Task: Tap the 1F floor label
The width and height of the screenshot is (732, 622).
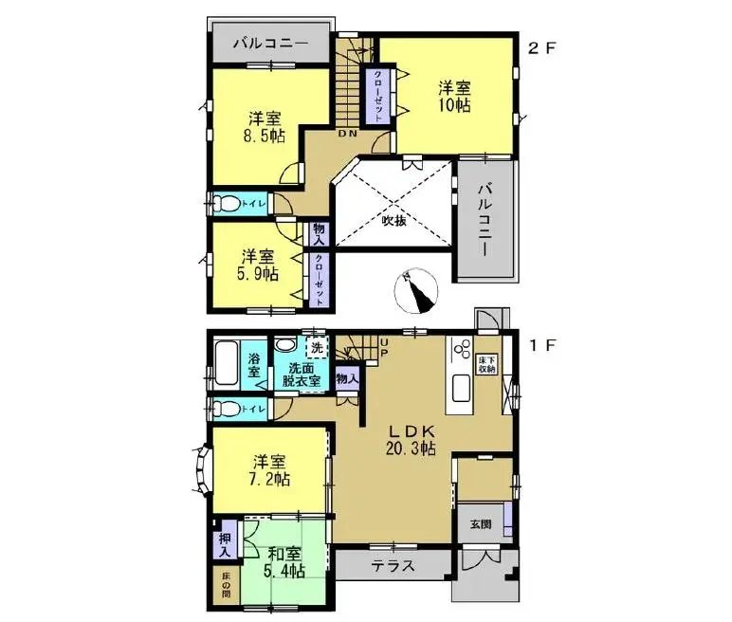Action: coord(540,347)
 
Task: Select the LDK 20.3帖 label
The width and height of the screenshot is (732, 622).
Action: coord(409,439)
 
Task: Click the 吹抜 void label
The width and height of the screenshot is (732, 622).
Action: coord(393,222)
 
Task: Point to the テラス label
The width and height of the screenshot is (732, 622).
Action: coord(392,566)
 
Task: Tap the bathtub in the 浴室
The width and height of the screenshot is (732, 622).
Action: coord(224,365)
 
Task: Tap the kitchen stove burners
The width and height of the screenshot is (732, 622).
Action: coord(462,353)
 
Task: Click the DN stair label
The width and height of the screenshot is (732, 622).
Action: coord(348,134)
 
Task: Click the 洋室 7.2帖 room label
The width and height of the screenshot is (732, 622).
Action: coord(270,470)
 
